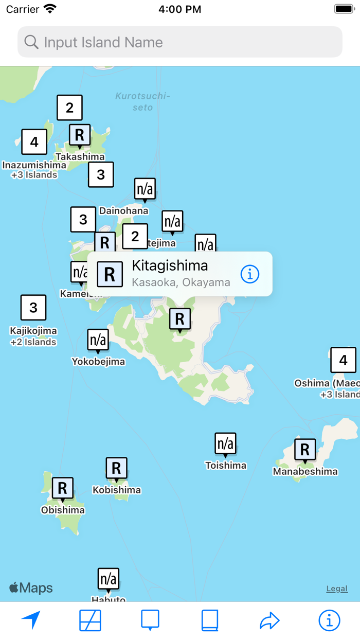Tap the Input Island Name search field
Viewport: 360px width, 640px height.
point(180,42)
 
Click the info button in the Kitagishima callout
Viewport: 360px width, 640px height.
point(250,274)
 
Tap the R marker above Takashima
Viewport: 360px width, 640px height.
point(80,135)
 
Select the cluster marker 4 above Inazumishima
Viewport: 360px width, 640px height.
point(34,141)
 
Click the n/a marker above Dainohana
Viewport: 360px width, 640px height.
point(145,189)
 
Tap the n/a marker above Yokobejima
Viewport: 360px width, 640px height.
point(98,340)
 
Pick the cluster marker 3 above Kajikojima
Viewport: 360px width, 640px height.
point(33,308)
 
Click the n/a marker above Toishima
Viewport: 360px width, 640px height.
point(225,443)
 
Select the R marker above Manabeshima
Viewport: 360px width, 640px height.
point(305,450)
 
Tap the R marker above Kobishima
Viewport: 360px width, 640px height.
point(116,468)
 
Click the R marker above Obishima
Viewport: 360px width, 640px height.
point(62,488)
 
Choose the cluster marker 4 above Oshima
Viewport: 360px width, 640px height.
point(343,360)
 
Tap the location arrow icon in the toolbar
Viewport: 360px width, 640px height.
point(31,620)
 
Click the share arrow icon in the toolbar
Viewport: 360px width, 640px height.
point(269,620)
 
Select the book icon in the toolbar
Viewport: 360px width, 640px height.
point(210,620)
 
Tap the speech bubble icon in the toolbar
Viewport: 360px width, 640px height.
point(150,620)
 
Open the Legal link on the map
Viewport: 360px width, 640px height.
point(337,589)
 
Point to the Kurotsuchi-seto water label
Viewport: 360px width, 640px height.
point(142,101)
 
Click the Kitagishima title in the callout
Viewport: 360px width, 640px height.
point(170,265)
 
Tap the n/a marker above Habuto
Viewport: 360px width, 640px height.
point(109,579)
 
